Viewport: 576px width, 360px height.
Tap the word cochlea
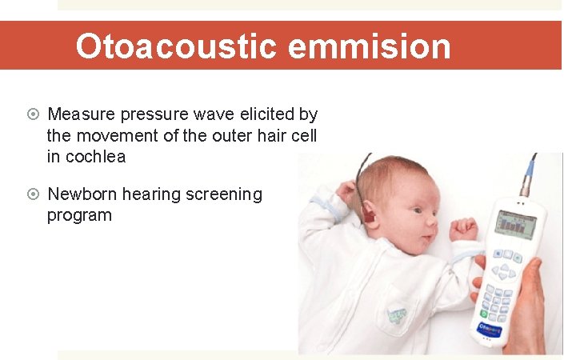click(95, 157)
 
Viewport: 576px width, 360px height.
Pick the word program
click(79, 215)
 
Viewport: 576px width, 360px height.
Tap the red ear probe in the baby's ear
click(369, 214)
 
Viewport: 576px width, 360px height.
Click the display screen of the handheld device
click(517, 227)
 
